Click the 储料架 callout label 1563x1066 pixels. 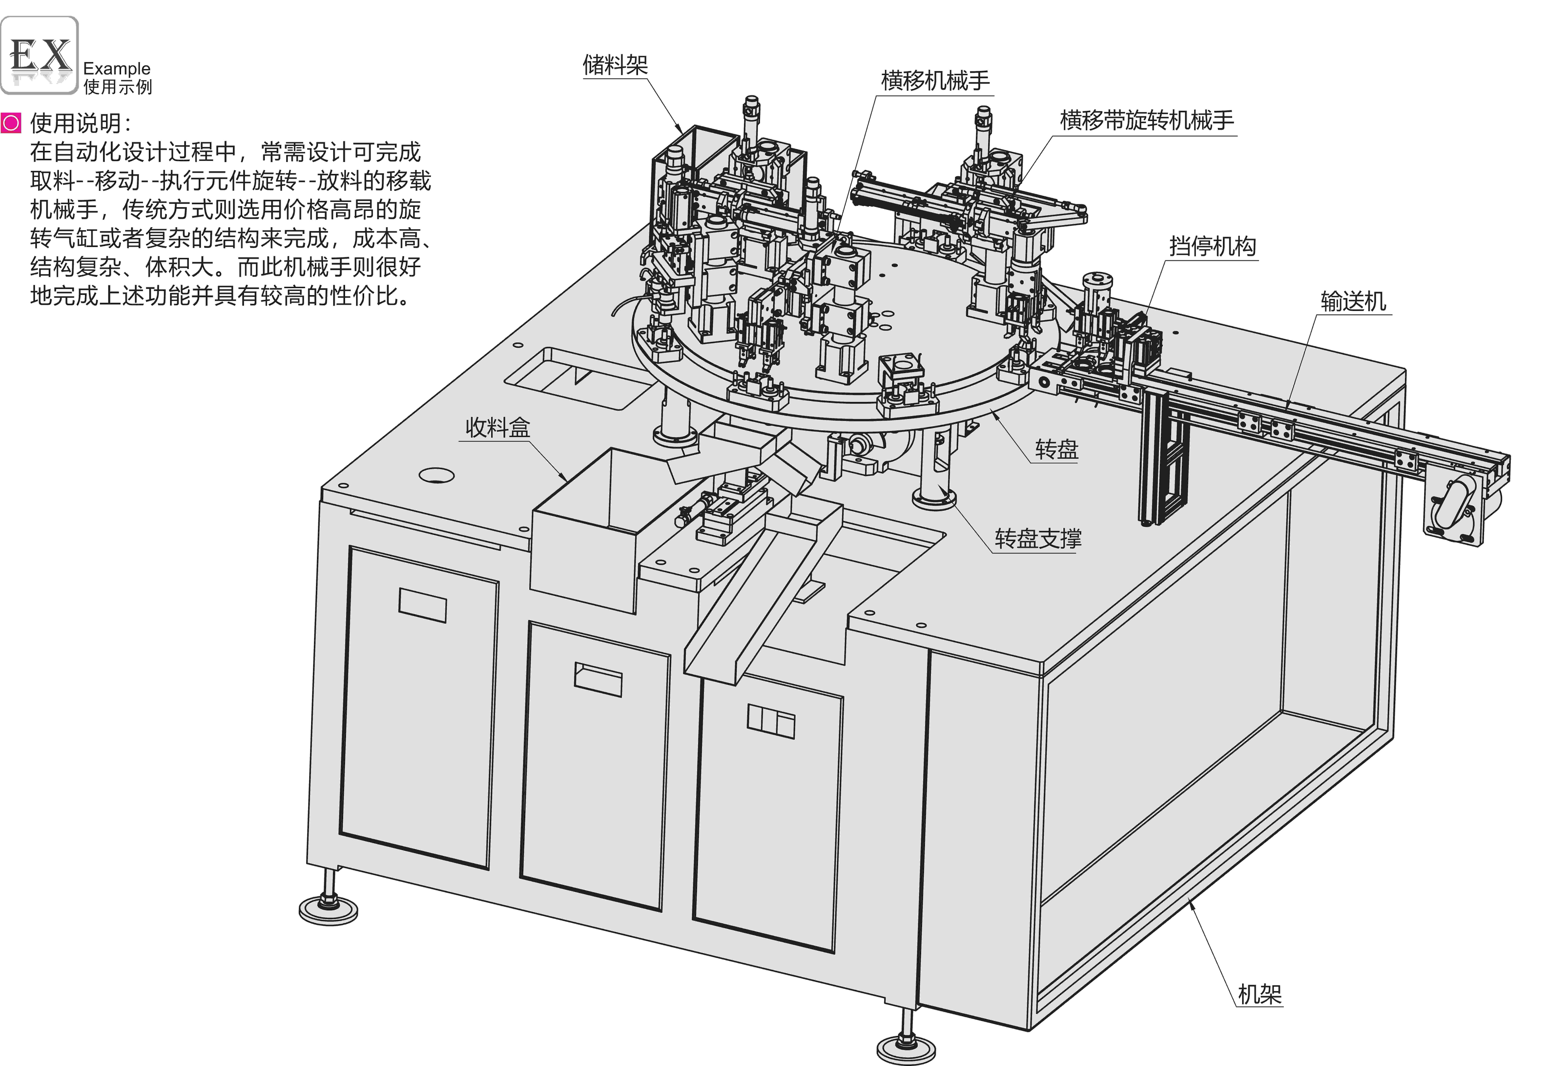tap(615, 65)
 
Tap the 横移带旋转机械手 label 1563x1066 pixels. tap(1147, 121)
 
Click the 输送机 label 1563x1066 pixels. tap(1353, 301)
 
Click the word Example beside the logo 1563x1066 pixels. tap(117, 69)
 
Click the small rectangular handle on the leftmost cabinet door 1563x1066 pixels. tap(422, 605)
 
